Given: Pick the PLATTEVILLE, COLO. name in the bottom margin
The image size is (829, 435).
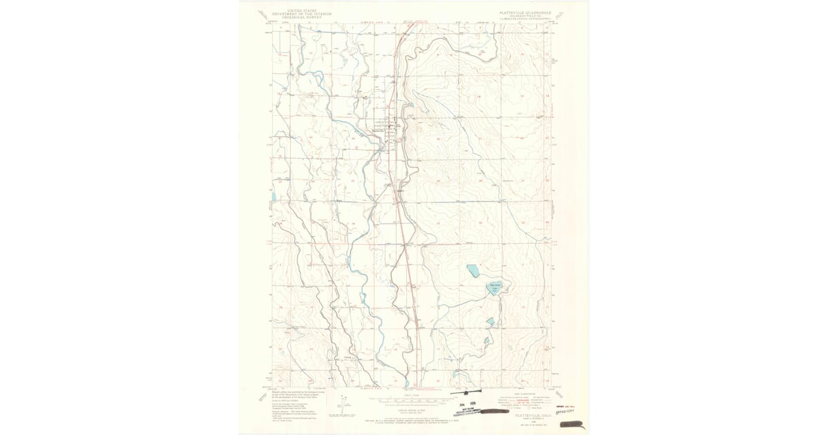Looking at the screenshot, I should [x=523, y=396].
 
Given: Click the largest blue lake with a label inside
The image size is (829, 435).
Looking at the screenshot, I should [x=495, y=287].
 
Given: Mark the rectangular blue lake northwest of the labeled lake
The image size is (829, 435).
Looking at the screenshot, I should [x=473, y=270].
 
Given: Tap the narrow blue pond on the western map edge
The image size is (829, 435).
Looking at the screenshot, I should [x=273, y=197].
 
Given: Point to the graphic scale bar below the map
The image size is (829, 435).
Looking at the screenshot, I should [x=412, y=399].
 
